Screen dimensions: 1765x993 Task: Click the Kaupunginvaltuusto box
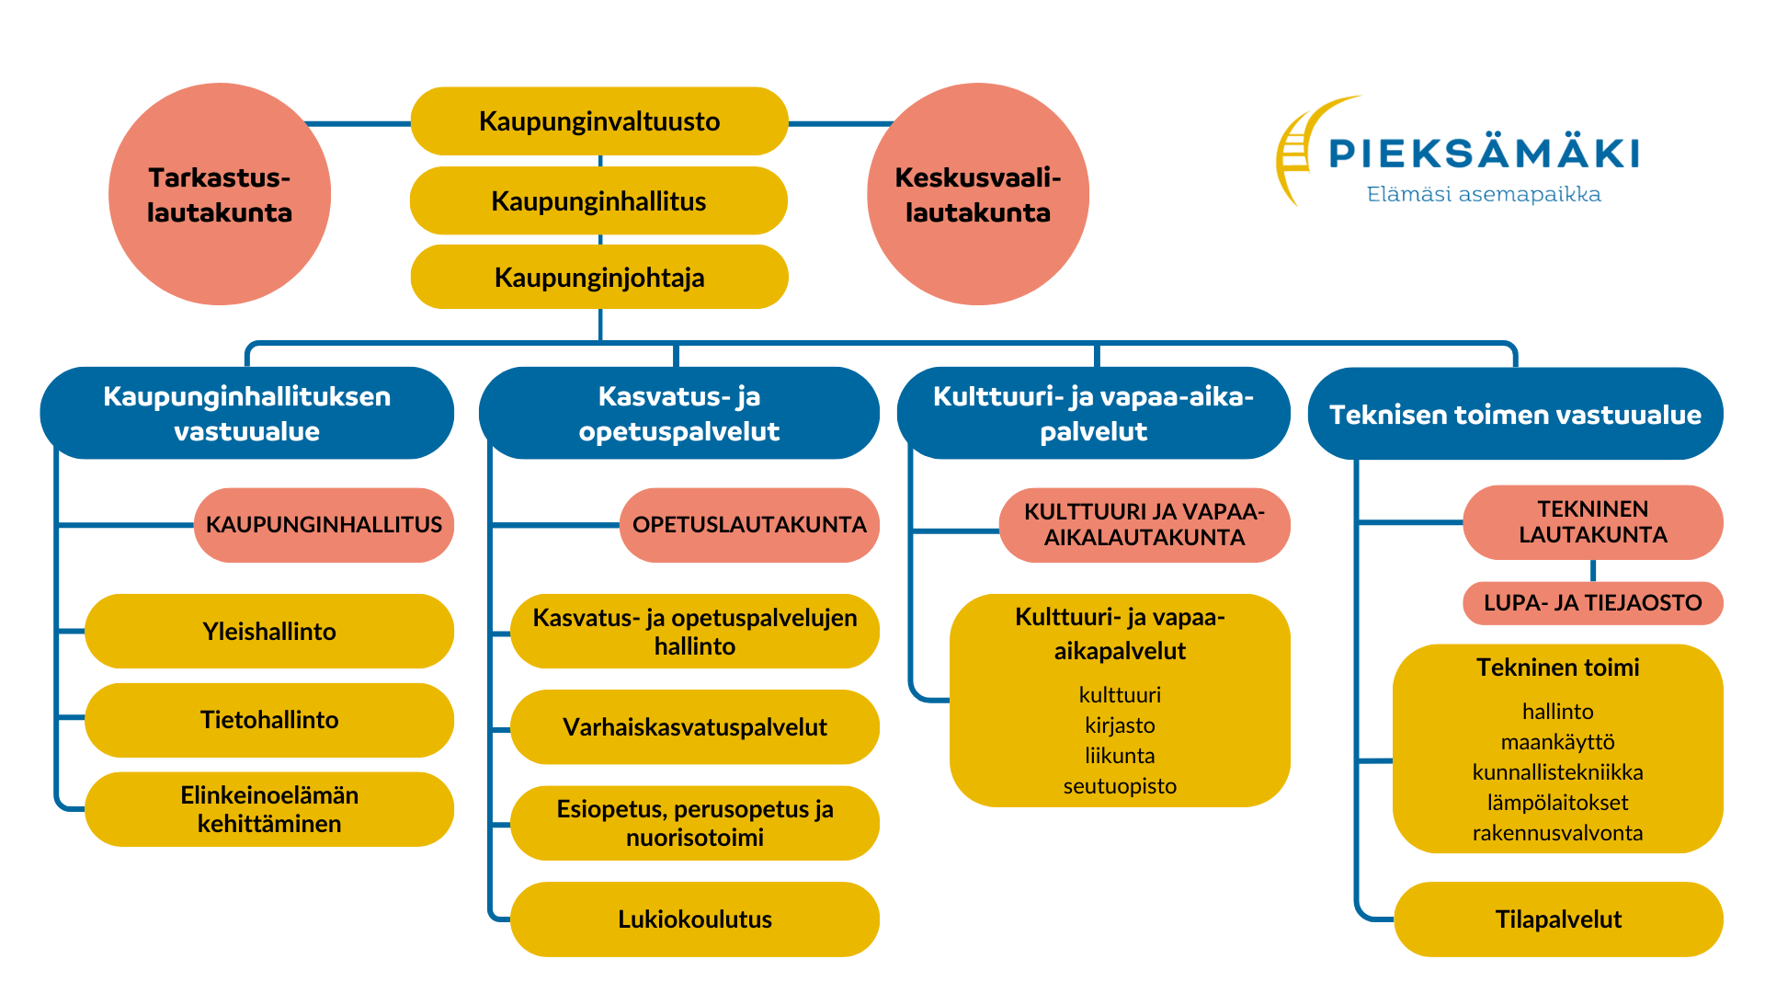599,121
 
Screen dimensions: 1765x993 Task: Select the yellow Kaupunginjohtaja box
599,277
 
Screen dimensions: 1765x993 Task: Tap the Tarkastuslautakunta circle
220,194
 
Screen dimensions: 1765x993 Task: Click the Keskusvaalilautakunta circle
978,194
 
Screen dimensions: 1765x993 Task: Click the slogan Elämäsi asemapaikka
1484,194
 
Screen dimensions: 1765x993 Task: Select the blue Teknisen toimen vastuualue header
1515,414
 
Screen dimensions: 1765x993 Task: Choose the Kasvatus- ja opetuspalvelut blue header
679,413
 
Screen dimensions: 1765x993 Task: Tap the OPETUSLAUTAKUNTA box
749,525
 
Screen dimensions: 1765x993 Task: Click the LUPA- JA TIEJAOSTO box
1593,603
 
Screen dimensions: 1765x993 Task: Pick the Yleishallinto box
269,631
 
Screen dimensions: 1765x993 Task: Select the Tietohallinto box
269,720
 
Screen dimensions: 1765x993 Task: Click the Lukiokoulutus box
695,919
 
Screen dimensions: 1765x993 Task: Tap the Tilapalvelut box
1558,919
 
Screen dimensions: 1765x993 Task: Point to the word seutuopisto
1120,786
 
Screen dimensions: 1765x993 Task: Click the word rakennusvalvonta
1557,833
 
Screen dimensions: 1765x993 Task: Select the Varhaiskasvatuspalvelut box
695,727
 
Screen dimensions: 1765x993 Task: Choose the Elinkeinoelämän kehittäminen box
269,809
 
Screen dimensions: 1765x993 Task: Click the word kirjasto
1120,725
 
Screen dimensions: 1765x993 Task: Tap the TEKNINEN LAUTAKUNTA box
1593,522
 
